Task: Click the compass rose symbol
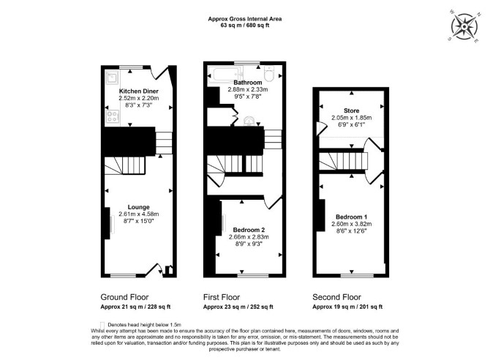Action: coord(464,27)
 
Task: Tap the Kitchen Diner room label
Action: coord(139,91)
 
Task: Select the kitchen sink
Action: coord(112,78)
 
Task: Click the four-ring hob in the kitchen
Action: coord(113,116)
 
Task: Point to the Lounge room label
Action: coord(138,207)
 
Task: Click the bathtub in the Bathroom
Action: coord(226,75)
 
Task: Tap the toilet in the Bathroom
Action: coord(269,73)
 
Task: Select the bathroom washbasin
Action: coord(249,121)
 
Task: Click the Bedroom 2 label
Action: coord(249,230)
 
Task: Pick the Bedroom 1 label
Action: coord(352,217)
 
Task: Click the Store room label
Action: coord(352,110)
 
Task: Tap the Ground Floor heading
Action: coord(124,297)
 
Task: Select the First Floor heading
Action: coord(222,297)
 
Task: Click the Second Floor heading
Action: coord(336,297)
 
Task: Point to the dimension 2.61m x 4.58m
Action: coord(139,214)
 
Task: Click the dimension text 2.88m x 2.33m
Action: coord(248,89)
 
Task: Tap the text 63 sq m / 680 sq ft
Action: coord(245,26)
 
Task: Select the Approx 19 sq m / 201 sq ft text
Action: coord(347,307)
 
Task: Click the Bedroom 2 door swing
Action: coord(273,203)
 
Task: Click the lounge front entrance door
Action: coord(154,269)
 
